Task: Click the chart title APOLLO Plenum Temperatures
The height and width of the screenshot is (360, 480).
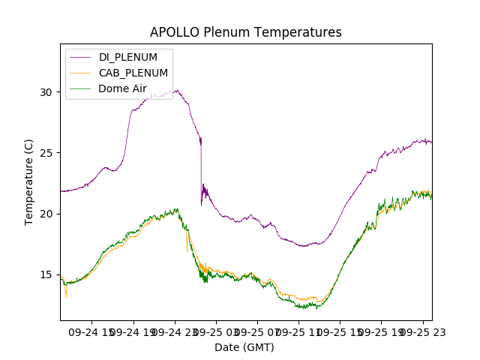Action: [245, 32]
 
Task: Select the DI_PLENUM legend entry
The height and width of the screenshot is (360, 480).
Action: [127, 57]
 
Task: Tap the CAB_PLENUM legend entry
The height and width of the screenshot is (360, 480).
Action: [133, 73]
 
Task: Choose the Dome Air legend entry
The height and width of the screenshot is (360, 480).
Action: [122, 89]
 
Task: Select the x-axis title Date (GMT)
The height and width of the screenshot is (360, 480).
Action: [244, 347]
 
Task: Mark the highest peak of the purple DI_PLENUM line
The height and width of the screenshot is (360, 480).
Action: [177, 91]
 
